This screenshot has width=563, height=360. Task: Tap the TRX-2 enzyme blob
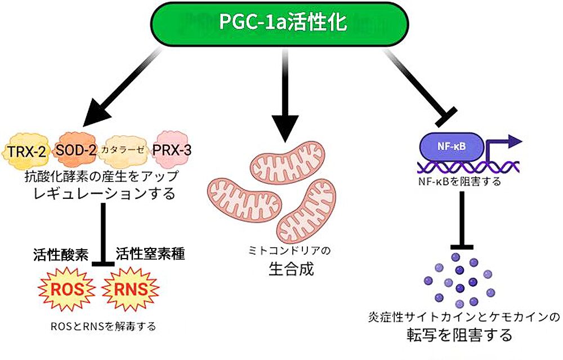tap(27, 150)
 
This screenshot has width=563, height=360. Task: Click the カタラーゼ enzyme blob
tap(122, 151)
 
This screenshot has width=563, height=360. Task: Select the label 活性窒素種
tap(150, 254)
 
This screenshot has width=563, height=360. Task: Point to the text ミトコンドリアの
tap(291, 249)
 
